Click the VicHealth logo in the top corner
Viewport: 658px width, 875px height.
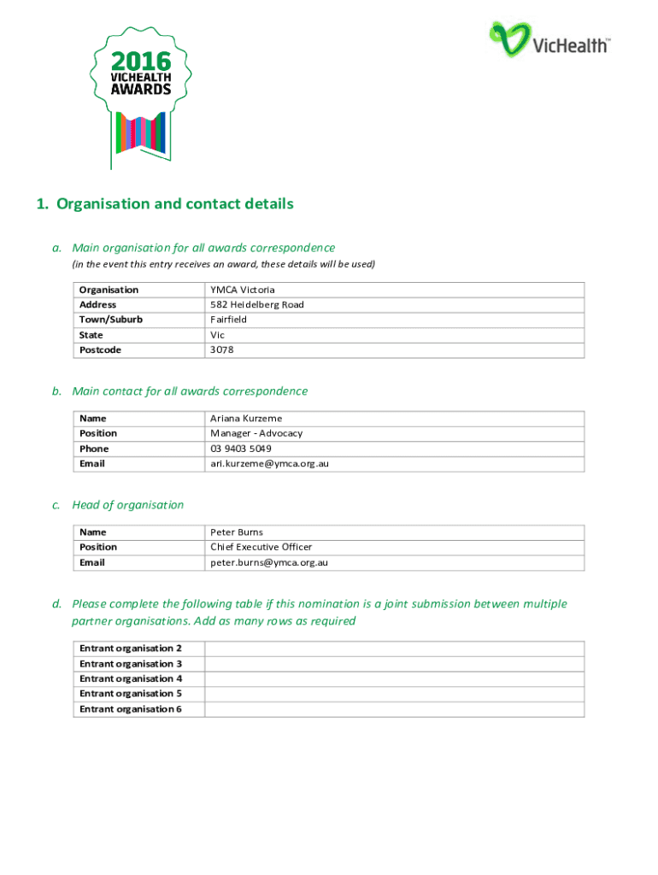pyautogui.click(x=549, y=39)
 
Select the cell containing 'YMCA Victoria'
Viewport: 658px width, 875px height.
pyautogui.click(x=243, y=290)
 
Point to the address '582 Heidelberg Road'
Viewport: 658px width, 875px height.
pyautogui.click(x=257, y=305)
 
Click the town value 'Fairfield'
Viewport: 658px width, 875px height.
pyautogui.click(x=229, y=320)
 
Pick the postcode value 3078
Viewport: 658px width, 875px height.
pyautogui.click(x=222, y=350)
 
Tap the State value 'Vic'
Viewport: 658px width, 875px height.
pyautogui.click(x=218, y=335)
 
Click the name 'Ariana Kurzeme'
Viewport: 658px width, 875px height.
pyautogui.click(x=246, y=419)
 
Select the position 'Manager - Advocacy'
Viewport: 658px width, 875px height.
pyautogui.click(x=256, y=433)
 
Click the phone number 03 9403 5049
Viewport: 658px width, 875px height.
pyautogui.click(x=241, y=449)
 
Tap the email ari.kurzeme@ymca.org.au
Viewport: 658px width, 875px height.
pyautogui.click(x=270, y=463)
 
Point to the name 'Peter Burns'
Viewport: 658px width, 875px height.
pyautogui.click(x=237, y=532)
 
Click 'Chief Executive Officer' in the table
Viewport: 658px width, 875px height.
pyautogui.click(x=261, y=547)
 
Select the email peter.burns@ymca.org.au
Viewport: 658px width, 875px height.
pyautogui.click(x=270, y=562)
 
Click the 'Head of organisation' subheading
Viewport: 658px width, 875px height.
pyautogui.click(x=128, y=505)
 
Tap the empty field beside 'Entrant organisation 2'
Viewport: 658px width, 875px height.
pyautogui.click(x=393, y=649)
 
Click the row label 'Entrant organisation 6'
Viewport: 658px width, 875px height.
pyautogui.click(x=131, y=709)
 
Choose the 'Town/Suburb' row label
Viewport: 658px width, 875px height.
pyautogui.click(x=111, y=320)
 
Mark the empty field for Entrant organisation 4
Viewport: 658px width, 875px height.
pyautogui.click(x=393, y=678)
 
